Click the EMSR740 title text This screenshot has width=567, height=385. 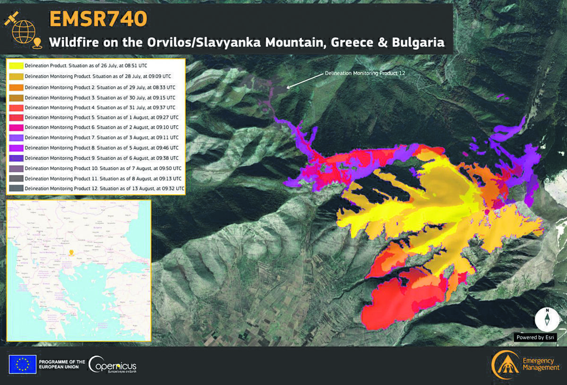pos(98,18)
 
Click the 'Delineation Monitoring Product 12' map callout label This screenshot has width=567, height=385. pos(365,74)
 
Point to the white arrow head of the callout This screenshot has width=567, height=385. pos(288,86)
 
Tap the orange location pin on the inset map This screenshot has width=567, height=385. pos(72,252)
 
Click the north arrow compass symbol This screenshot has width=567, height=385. pos(547,319)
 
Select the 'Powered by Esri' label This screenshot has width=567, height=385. pos(535,337)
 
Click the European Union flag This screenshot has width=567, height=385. pos(22,364)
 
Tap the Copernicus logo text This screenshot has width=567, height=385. pos(112,365)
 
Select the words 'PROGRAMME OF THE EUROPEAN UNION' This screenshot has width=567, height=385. pos(62,364)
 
